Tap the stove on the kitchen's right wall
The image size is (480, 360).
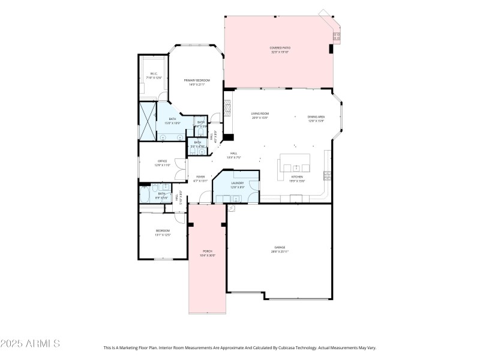tap(327, 176)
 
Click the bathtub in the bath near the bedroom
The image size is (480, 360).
tap(145, 196)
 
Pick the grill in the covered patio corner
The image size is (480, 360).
tap(336, 35)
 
